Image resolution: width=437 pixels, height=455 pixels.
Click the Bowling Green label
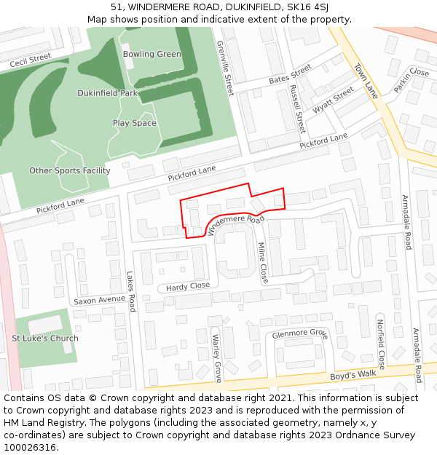coord(151,54)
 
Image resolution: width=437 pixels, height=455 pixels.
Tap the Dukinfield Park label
coord(108,93)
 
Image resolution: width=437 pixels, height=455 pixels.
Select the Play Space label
coord(134,123)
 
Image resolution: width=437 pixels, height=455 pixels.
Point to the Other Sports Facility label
coord(70,171)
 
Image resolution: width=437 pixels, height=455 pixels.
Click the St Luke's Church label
coord(44,339)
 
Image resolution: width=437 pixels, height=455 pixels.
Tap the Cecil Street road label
coord(31,60)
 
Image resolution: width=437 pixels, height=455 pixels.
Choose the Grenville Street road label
coord(225,68)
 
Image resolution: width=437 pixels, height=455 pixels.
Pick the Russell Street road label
coord(296,108)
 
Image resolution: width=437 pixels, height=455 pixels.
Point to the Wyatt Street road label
coord(334,100)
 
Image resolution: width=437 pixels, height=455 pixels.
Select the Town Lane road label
coord(366,81)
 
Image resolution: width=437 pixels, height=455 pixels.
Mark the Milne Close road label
coord(263,262)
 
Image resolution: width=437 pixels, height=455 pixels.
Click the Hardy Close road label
coord(188,286)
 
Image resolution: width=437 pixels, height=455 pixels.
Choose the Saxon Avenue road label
coord(99,300)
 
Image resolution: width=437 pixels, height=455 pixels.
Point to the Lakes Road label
coord(132,291)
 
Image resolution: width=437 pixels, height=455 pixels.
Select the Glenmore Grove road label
coord(299,334)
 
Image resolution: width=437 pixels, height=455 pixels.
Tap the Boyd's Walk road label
coord(353,374)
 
